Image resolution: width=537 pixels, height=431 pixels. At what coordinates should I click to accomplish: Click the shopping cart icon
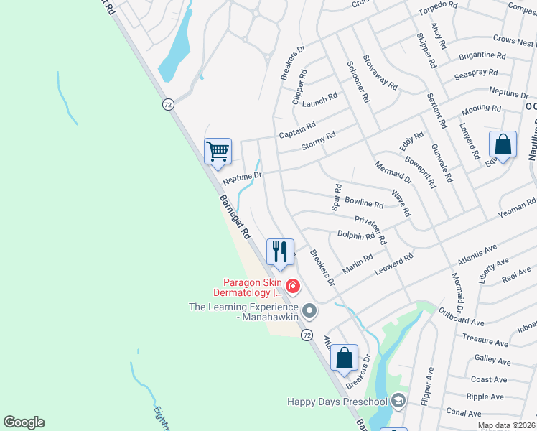pos(218,152)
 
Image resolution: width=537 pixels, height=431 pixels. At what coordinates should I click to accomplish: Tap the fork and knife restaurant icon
pos(279,251)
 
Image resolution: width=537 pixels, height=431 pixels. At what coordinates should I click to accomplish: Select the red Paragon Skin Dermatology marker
pos(292,287)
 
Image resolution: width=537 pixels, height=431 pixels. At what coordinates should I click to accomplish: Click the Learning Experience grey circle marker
pos(309,311)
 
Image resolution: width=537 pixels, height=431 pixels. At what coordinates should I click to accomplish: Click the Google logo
pos(24,422)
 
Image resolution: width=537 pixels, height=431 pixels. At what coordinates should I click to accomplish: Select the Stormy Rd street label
pos(319,141)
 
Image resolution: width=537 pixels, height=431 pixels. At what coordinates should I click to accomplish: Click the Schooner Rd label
pos(358,82)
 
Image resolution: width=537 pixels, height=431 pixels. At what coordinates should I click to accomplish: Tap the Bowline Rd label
pos(364,204)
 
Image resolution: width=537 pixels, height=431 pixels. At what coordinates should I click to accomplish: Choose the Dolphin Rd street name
pos(356,235)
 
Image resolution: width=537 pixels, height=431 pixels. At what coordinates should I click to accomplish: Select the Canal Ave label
pos(463,413)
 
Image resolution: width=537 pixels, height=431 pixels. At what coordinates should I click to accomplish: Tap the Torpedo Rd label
pos(438,5)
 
